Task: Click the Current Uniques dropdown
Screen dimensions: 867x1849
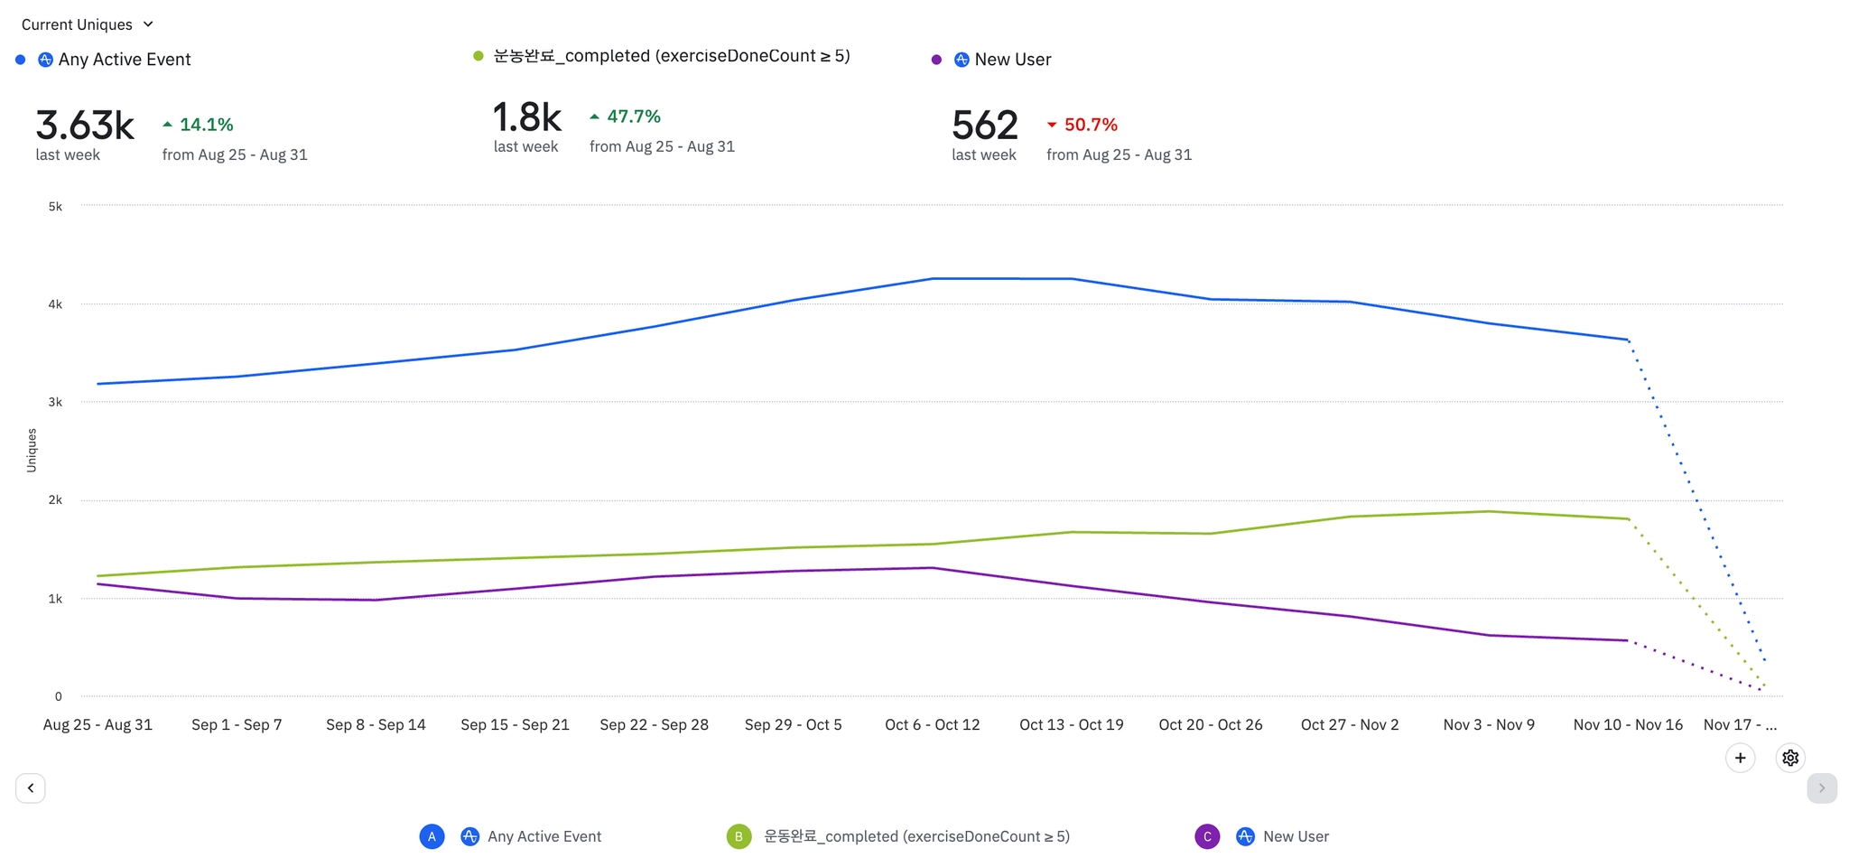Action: tap(87, 24)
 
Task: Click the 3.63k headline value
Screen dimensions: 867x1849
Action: tap(85, 126)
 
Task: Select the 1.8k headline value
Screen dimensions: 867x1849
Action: tap(527, 117)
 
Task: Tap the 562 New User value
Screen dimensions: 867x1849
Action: tap(985, 126)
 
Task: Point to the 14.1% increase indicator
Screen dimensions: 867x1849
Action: tap(198, 125)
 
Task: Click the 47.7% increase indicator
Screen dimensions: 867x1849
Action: tap(625, 117)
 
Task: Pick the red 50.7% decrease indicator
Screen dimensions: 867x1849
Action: tap(1082, 125)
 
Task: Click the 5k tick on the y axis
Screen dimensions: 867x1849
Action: tap(56, 207)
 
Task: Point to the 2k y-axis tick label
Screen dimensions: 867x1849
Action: tap(56, 500)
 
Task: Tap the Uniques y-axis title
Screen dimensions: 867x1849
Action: tap(32, 450)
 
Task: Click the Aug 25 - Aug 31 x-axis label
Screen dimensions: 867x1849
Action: tap(98, 724)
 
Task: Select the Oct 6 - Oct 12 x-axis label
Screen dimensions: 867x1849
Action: tap(932, 724)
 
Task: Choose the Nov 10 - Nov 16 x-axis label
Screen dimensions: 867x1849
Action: tap(1628, 724)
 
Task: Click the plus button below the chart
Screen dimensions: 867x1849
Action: tap(1740, 758)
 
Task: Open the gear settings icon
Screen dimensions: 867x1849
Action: tap(1790, 758)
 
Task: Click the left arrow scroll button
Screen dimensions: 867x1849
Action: tap(31, 788)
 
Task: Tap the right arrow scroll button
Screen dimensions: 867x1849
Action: tap(1821, 788)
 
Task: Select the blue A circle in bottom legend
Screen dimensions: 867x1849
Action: tap(432, 836)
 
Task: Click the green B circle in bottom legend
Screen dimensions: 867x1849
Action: tap(739, 836)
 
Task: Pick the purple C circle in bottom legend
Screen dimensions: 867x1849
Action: tap(1207, 836)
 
